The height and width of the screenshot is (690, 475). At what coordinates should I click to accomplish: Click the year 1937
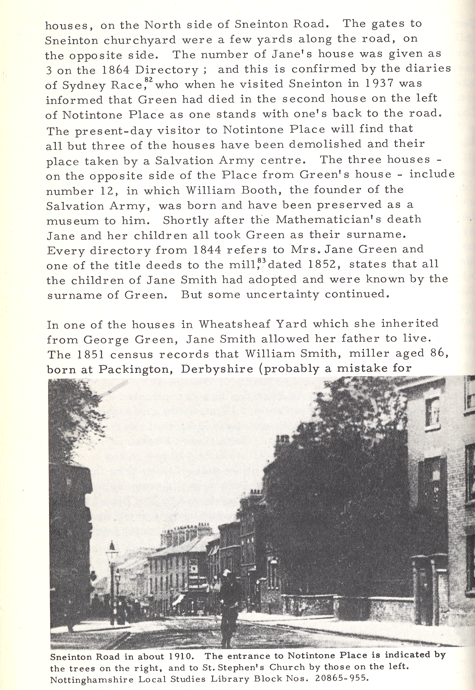(x=378, y=84)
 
